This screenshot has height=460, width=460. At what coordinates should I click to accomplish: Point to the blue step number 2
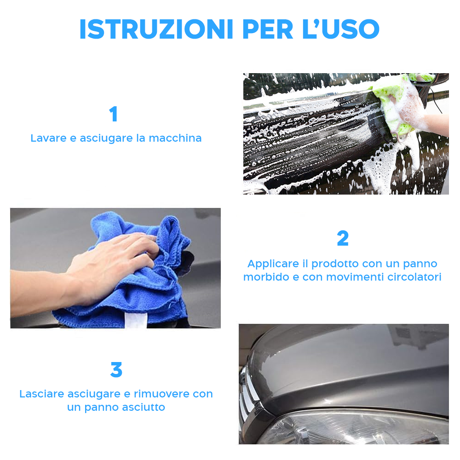click(343, 238)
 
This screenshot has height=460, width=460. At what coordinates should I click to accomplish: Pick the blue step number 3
click(116, 370)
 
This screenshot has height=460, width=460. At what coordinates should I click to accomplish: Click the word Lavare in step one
click(48, 138)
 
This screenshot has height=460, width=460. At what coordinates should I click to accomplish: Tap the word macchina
click(175, 138)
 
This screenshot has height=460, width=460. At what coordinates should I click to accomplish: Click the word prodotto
click(335, 264)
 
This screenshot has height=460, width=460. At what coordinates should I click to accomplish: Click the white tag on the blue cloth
click(136, 320)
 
